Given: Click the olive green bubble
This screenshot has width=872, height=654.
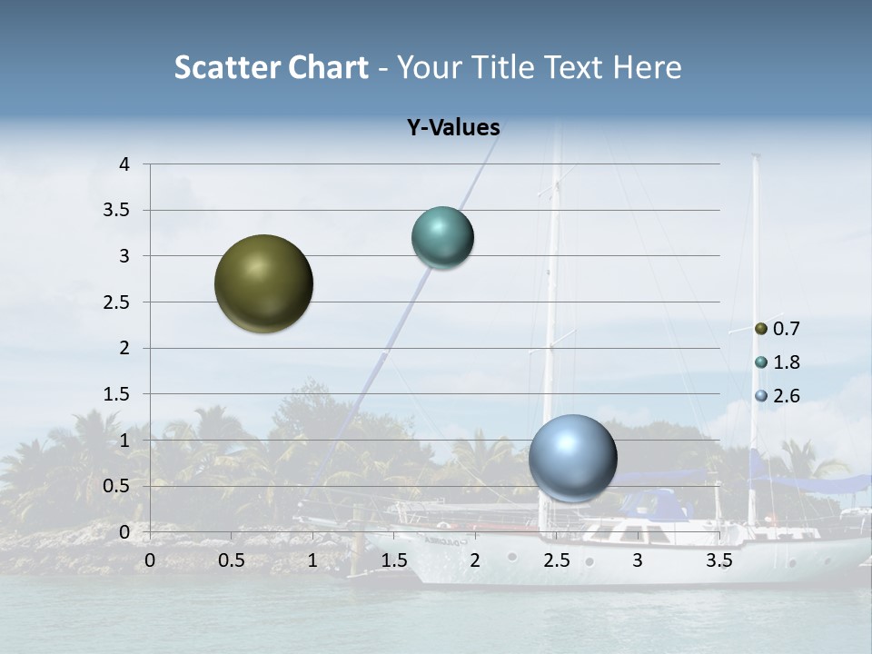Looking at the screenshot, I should (x=263, y=283).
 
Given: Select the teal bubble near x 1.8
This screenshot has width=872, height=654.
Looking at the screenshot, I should (x=442, y=238).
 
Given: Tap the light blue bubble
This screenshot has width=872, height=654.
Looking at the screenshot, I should (x=573, y=458).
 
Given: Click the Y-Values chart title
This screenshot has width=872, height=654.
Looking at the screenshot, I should (x=453, y=128).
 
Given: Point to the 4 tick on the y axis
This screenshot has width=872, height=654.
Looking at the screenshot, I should (x=124, y=164).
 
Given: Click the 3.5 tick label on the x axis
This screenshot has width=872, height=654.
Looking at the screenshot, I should (x=718, y=560).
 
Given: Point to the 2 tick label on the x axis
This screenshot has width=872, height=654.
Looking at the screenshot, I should (x=475, y=560).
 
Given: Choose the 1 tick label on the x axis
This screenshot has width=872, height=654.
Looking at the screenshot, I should (x=312, y=560).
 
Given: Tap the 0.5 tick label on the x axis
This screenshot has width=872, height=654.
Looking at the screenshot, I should (x=231, y=560).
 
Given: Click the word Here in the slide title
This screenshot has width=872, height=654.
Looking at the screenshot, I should (x=647, y=67).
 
